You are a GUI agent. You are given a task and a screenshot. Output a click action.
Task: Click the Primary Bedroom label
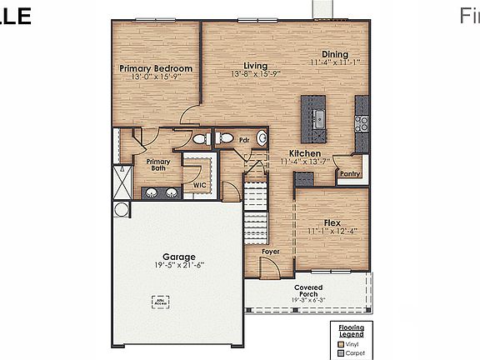click(156, 68)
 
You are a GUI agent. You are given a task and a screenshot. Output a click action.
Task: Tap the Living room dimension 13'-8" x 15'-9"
click(255, 73)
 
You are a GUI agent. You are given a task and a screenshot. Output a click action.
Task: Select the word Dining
click(335, 53)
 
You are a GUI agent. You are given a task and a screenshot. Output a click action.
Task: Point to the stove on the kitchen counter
click(362, 123)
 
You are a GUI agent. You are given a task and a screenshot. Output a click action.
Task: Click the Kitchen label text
click(306, 153)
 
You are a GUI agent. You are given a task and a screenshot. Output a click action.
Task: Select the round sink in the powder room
click(261, 139)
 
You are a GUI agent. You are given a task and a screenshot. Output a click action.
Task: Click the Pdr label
click(244, 140)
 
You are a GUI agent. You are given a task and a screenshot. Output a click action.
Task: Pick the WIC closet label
click(200, 185)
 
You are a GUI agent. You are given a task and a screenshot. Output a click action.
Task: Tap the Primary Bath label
click(157, 165)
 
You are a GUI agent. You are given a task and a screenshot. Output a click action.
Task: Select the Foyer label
click(270, 251)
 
